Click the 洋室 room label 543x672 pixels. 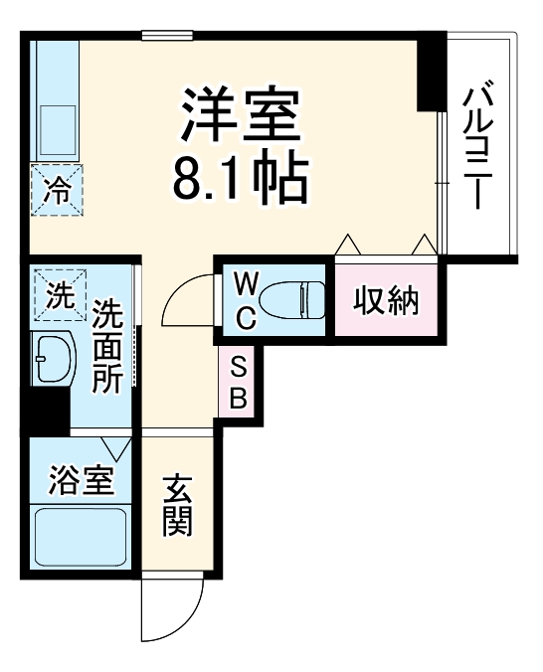click(x=239, y=116)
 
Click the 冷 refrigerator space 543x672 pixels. click(x=57, y=188)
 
